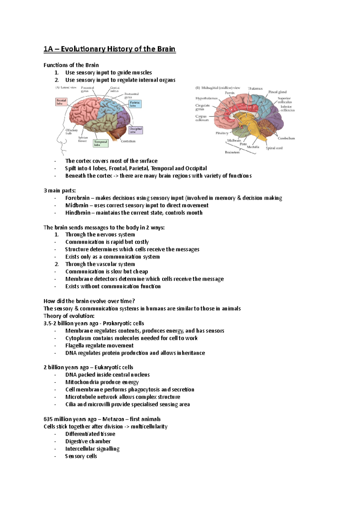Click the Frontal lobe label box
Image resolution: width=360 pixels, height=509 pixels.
[x=61, y=102]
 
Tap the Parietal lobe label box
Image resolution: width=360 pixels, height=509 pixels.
[x=135, y=104]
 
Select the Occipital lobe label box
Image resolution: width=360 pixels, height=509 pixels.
[x=136, y=130]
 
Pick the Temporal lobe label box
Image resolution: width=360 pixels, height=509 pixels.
[x=100, y=143]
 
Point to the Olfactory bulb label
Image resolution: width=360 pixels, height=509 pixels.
[x=71, y=132]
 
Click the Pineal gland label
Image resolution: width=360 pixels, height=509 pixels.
[x=277, y=92]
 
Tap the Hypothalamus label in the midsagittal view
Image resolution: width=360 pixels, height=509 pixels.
[x=206, y=98]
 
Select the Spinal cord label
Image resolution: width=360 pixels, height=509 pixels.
[x=274, y=148]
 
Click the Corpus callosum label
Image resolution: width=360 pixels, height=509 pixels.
[x=202, y=118]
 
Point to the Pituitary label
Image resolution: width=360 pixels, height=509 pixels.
[x=222, y=133]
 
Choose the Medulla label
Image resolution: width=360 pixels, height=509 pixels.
[x=253, y=147]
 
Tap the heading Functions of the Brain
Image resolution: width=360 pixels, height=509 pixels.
[x=71, y=65]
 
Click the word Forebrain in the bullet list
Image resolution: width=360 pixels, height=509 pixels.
[x=77, y=198]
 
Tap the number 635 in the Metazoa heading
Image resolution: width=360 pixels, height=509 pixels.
[x=48, y=419]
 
